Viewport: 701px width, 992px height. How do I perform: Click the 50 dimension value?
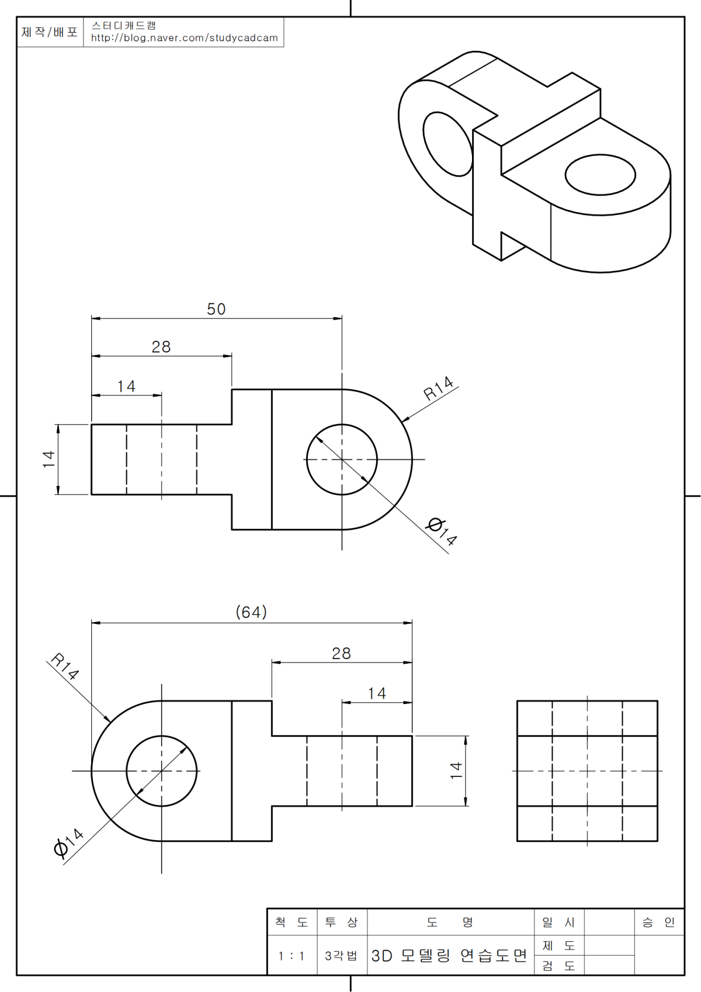pyautogui.click(x=216, y=308)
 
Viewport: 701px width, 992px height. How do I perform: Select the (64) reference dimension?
pyautogui.click(x=251, y=612)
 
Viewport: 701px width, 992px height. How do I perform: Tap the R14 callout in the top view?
pyautogui.click(x=438, y=388)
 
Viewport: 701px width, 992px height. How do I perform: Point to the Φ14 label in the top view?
pyautogui.click(x=441, y=531)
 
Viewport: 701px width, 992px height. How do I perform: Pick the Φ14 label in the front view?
pyautogui.click(x=68, y=842)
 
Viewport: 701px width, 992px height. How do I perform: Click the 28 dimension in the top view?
pyautogui.click(x=161, y=347)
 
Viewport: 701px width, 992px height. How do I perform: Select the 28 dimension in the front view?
pyautogui.click(x=341, y=653)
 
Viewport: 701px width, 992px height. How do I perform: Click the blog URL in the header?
pyautogui.click(x=184, y=38)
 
